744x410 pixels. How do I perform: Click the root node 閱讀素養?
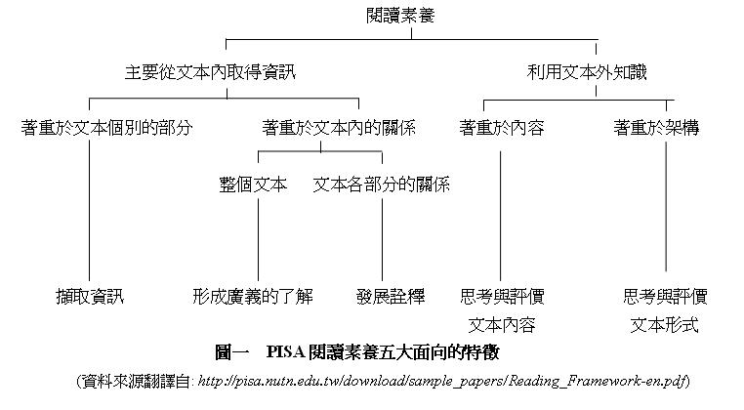click(400, 16)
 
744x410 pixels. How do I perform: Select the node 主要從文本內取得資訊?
click(210, 72)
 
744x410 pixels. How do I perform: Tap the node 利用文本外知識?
click(587, 72)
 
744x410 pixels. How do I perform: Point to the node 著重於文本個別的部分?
click(106, 128)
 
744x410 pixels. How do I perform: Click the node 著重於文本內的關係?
click(339, 128)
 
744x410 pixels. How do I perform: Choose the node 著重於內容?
click(502, 128)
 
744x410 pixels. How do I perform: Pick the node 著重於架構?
click(656, 128)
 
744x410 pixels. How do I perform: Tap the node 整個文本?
click(253, 184)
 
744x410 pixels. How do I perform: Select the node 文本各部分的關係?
click(382, 184)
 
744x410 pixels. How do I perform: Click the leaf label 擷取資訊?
click(90, 297)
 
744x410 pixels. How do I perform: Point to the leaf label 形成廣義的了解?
click(253, 297)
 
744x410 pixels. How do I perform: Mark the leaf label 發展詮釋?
click(391, 297)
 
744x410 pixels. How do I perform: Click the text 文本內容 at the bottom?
click(502, 325)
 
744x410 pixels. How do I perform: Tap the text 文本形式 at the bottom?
click(664, 325)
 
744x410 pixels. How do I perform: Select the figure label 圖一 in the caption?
click(232, 352)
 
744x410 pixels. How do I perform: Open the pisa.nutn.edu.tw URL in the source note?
click(442, 381)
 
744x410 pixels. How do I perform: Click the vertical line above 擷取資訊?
click(89, 210)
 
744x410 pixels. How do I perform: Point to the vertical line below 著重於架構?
click(666, 206)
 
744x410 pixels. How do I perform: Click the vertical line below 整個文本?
click(258, 240)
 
